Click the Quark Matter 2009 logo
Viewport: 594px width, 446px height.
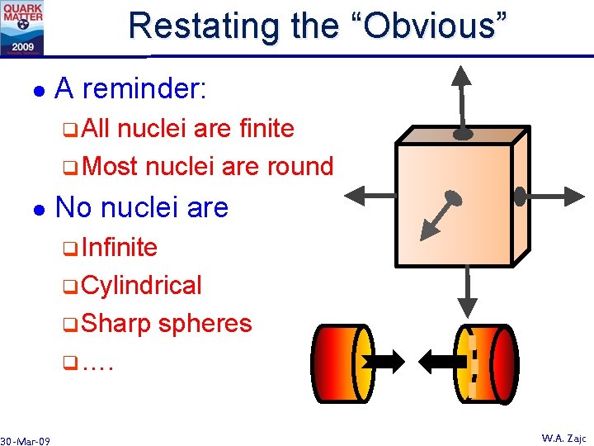[x=22, y=27]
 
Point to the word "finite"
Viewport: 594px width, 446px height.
[x=266, y=128]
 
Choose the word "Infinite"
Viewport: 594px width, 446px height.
[x=120, y=247]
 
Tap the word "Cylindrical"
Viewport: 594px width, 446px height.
[x=142, y=285]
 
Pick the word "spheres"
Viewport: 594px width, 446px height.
[x=205, y=323]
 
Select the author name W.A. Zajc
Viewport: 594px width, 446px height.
[x=563, y=439]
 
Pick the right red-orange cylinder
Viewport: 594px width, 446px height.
[x=490, y=362]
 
